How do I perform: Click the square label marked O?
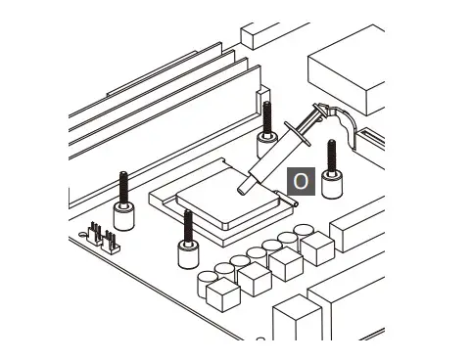(301, 181)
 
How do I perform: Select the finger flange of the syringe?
(297, 134)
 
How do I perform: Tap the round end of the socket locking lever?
(296, 204)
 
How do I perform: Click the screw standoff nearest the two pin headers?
(123, 202)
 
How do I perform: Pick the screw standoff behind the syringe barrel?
(266, 130)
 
